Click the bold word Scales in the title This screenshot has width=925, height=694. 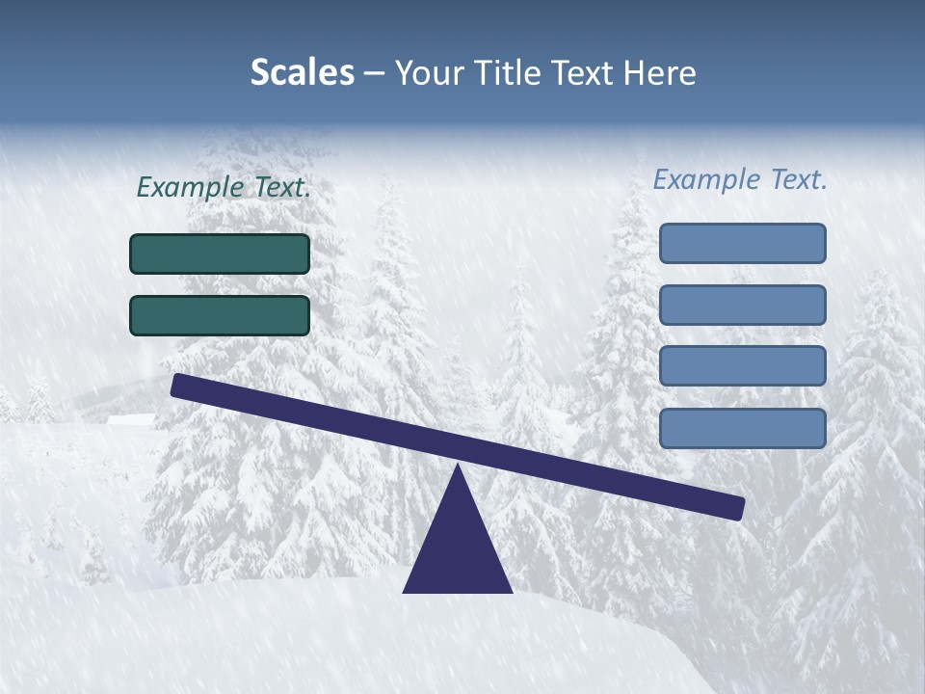click(x=302, y=72)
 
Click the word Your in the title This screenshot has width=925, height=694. click(x=428, y=72)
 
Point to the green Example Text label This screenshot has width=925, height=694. click(x=224, y=187)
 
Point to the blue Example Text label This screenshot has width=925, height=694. click(x=740, y=179)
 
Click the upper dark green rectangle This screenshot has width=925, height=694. click(x=220, y=254)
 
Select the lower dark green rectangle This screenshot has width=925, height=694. click(x=220, y=315)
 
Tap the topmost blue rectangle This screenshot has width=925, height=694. click(x=743, y=243)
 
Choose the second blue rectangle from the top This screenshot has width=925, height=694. click(x=743, y=305)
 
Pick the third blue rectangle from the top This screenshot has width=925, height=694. click(x=743, y=366)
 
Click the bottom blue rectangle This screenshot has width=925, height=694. click(x=743, y=428)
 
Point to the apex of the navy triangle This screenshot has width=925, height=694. click(x=458, y=468)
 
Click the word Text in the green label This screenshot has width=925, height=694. click(x=279, y=187)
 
